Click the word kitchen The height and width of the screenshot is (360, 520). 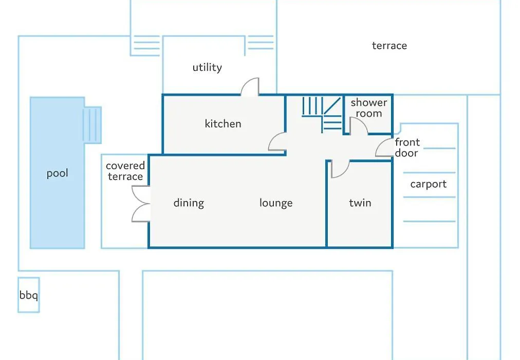click(223, 124)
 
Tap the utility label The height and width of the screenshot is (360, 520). click(207, 67)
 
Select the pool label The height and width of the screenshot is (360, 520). click(58, 173)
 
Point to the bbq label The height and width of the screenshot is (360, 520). click(29, 295)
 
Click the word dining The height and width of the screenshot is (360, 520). click(189, 203)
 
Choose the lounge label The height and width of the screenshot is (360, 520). click(276, 203)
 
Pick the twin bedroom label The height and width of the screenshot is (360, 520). click(360, 203)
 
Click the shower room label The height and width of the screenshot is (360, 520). click(369, 108)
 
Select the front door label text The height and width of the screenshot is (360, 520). click(407, 148)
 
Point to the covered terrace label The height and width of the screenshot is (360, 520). click(125, 171)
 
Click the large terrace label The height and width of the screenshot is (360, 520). click(389, 46)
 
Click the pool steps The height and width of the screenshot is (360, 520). click(92, 125)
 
